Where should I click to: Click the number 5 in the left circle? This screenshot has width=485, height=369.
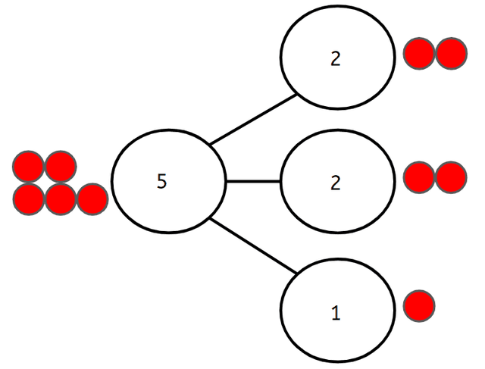[x=161, y=182]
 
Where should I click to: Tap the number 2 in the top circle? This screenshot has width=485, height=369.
[x=336, y=60]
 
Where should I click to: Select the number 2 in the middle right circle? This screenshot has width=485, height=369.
[x=336, y=183]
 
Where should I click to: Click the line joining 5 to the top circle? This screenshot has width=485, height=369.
[x=252, y=120]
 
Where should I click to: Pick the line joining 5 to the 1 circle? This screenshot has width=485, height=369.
[x=252, y=245]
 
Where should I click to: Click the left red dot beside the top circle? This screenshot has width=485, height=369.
[x=419, y=55]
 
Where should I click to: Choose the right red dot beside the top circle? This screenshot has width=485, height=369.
[x=450, y=55]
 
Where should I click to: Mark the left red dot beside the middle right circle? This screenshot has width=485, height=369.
[x=419, y=177]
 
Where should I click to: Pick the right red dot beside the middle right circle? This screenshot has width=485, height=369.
[x=450, y=177]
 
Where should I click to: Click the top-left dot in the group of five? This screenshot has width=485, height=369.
[x=29, y=166]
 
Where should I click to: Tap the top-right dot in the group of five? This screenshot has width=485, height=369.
[x=60, y=166]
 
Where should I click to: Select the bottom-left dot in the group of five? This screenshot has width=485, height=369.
[x=29, y=198]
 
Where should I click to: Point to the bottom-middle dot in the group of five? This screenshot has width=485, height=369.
[x=61, y=198]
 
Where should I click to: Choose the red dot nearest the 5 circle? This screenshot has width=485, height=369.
[x=92, y=198]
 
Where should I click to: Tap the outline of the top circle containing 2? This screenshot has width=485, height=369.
[x=282, y=60]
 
